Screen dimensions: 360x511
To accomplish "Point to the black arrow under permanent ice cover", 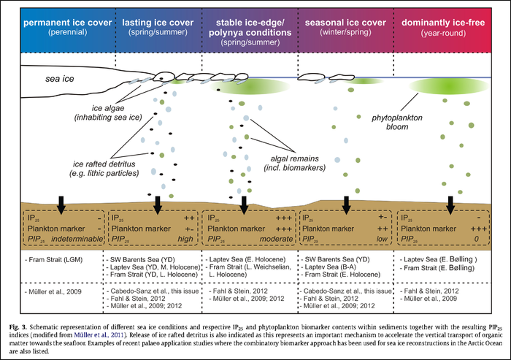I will coord(61,204).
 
